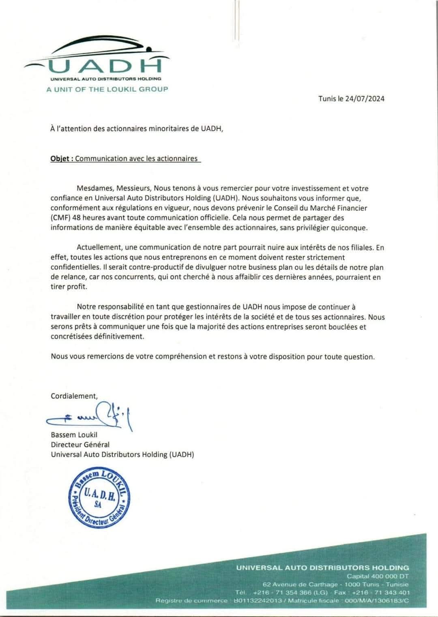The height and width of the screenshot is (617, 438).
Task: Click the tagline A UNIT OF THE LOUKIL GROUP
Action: [107, 89]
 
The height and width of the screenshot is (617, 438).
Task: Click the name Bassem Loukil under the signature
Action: [74, 435]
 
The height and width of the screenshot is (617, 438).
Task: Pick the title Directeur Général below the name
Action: [80, 445]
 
